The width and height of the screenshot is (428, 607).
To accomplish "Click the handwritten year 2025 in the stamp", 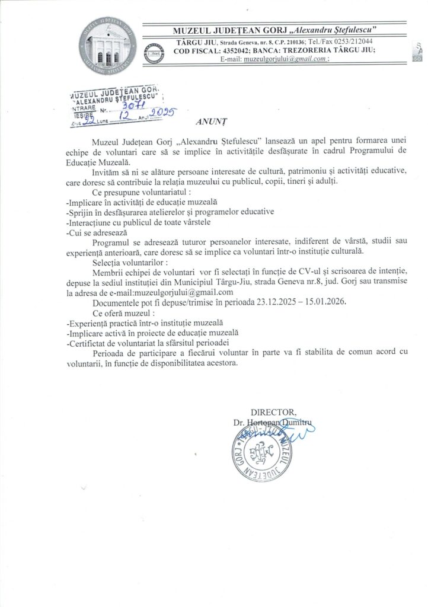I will [161, 114].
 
